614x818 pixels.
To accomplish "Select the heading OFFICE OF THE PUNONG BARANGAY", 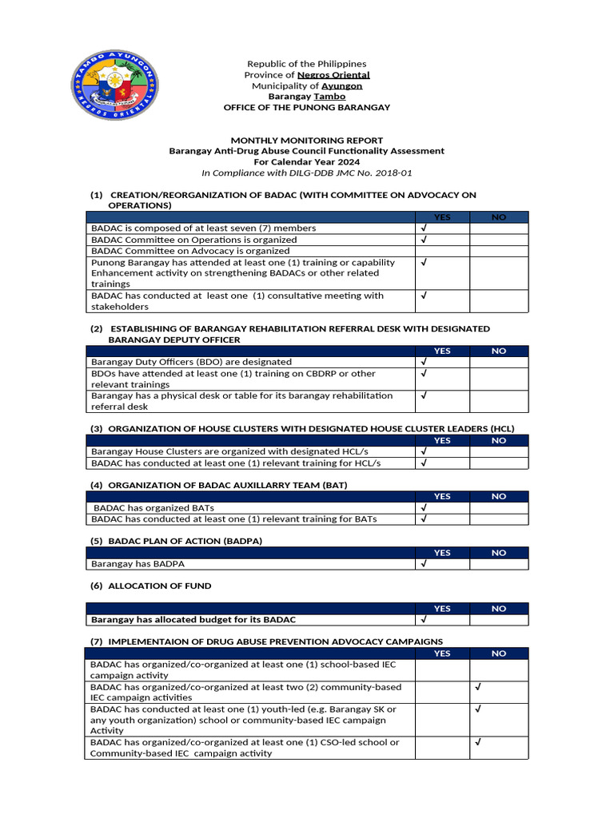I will pyautogui.click(x=306, y=107).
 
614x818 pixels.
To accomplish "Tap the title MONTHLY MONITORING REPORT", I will pyautogui.click(x=306, y=140).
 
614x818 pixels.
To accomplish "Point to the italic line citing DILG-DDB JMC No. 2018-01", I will pyautogui.click(x=306, y=173).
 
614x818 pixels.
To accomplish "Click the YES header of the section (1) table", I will pyautogui.click(x=441, y=217).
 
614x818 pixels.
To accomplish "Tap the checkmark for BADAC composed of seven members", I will pyautogui.click(x=424, y=228).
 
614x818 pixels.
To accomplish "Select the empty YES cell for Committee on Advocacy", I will pyautogui.click(x=441, y=251).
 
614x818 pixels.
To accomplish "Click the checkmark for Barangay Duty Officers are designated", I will pyautogui.click(x=424, y=362).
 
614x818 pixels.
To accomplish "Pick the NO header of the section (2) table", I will pyautogui.click(x=498, y=351).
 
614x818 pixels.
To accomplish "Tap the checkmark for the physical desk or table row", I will pyautogui.click(x=424, y=395).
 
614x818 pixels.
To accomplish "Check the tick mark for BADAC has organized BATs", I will pyautogui.click(x=424, y=507).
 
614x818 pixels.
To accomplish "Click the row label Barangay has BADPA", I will pyautogui.click(x=138, y=564).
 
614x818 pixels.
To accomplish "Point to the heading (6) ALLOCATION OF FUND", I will pyautogui.click(x=151, y=586).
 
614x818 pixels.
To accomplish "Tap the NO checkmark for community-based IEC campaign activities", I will pyautogui.click(x=477, y=687).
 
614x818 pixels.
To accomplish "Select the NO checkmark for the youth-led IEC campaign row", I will pyautogui.click(x=477, y=709).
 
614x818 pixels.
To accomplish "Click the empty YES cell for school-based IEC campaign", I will pyautogui.click(x=441, y=669).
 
